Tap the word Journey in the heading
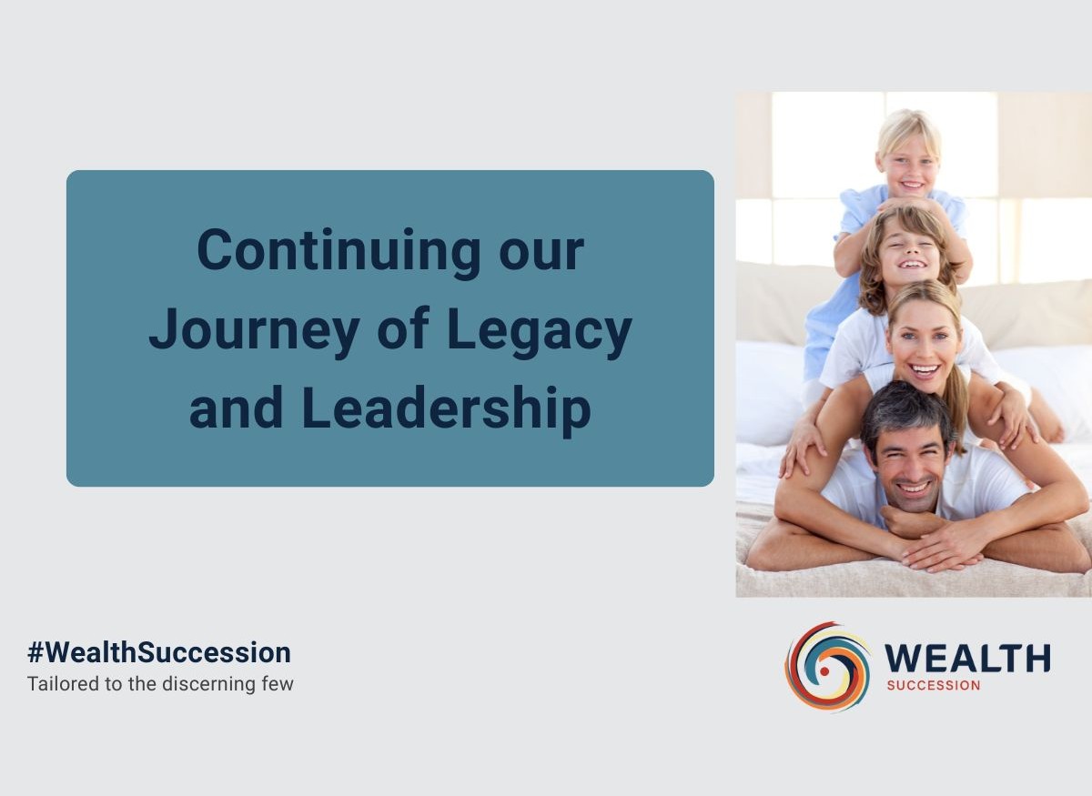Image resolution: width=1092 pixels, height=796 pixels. (255, 331)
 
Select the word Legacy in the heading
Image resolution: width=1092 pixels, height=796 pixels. (540, 331)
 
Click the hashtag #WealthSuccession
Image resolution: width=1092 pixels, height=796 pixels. (159, 652)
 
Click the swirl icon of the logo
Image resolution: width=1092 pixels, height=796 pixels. (827, 666)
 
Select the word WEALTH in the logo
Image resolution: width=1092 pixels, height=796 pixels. (967, 658)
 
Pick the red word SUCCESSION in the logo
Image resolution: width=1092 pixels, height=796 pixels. (934, 685)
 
